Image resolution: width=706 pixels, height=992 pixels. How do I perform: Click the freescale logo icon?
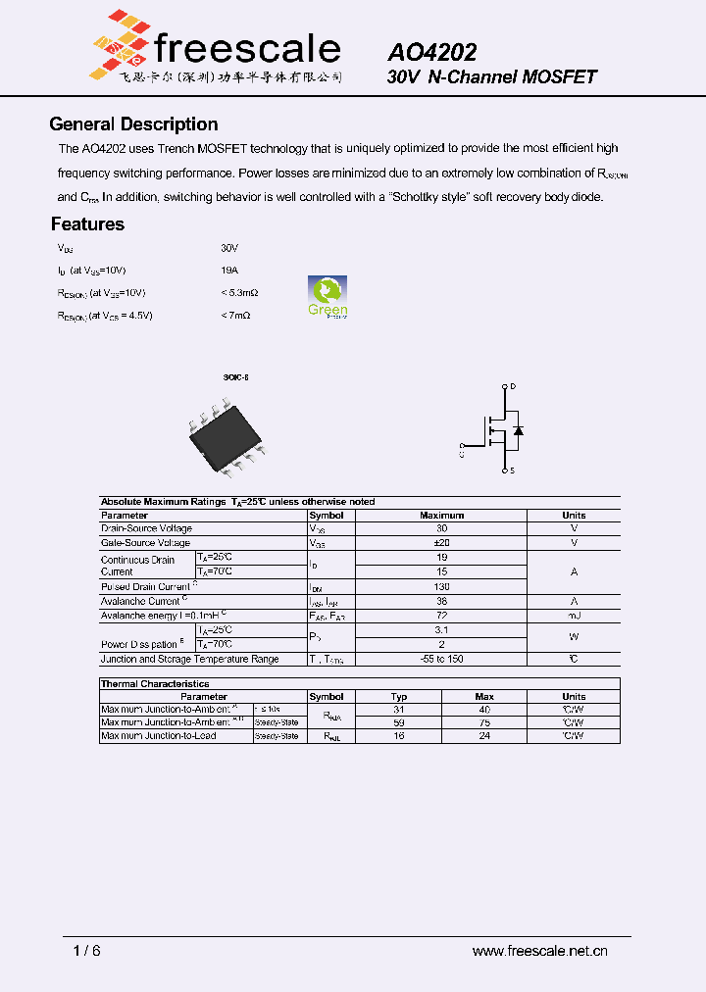[120, 44]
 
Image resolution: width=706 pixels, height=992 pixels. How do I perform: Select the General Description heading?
[133, 124]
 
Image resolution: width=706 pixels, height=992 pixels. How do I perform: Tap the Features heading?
[88, 224]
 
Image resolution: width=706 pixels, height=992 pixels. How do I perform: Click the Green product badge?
[328, 297]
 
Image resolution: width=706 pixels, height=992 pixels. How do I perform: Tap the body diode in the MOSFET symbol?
[519, 430]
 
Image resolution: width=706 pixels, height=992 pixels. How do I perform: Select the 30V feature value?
[229, 249]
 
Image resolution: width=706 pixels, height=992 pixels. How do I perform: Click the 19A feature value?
[229, 270]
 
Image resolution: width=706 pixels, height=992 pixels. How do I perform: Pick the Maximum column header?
[441, 515]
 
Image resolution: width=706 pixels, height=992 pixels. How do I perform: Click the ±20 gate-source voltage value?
[441, 542]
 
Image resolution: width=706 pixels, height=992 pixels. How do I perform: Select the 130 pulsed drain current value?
[441, 586]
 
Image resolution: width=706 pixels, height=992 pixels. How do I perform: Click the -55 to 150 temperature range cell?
[441, 659]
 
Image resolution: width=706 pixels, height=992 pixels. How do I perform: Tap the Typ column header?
[399, 696]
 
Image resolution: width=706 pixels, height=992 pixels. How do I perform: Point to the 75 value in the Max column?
[484, 722]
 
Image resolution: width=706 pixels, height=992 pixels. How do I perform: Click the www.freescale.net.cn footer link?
[539, 951]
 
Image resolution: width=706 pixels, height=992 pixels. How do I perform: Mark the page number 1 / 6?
[87, 951]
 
